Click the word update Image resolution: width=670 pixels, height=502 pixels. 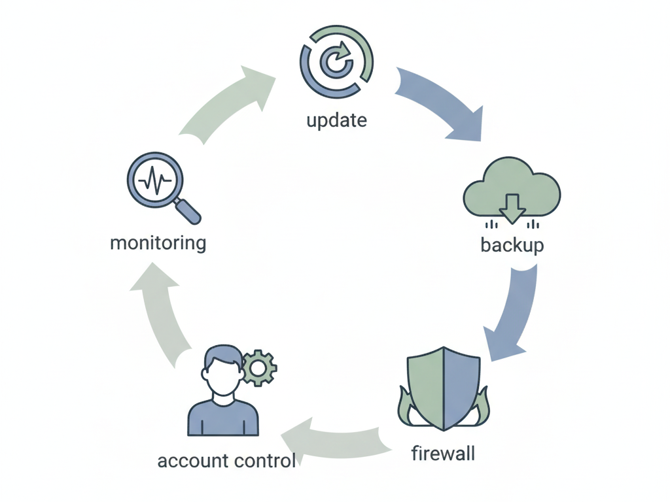coord(336,120)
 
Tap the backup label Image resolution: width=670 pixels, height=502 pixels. coord(512,245)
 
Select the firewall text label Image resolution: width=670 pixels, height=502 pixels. coord(443,453)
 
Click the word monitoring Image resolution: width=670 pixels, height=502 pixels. coord(158,243)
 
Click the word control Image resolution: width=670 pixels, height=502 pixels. coord(265,461)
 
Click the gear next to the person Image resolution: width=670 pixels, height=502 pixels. coord(259,369)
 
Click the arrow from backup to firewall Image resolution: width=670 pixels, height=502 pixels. coord(514,312)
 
